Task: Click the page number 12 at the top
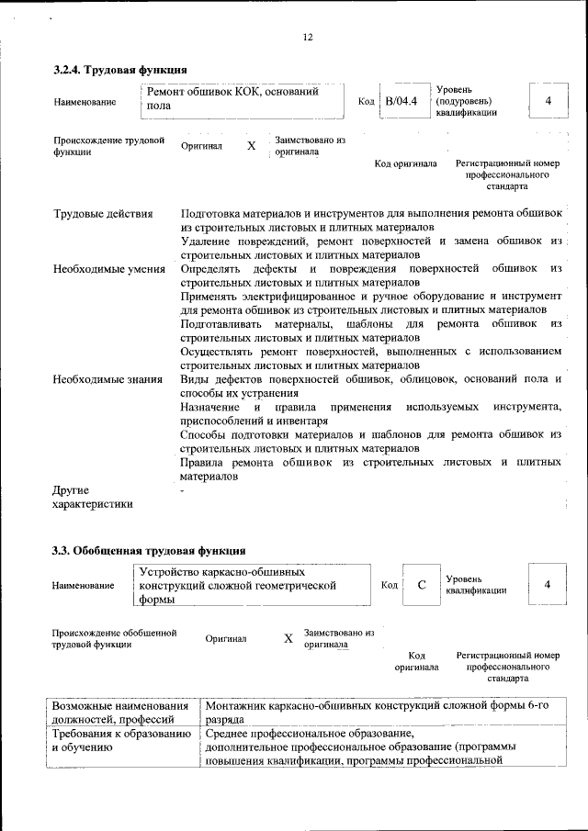point(308,38)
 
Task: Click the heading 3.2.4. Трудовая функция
point(119,70)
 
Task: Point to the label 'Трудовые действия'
point(103,215)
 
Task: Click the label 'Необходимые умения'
point(108,269)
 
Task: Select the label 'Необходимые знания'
point(107,379)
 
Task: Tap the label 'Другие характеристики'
point(92,497)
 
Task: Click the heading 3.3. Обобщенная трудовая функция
point(147,551)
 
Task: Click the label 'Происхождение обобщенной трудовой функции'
point(113,638)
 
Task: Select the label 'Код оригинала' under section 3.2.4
point(405,164)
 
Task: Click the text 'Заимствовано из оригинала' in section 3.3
point(338,638)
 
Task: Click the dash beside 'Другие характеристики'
point(183,492)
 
